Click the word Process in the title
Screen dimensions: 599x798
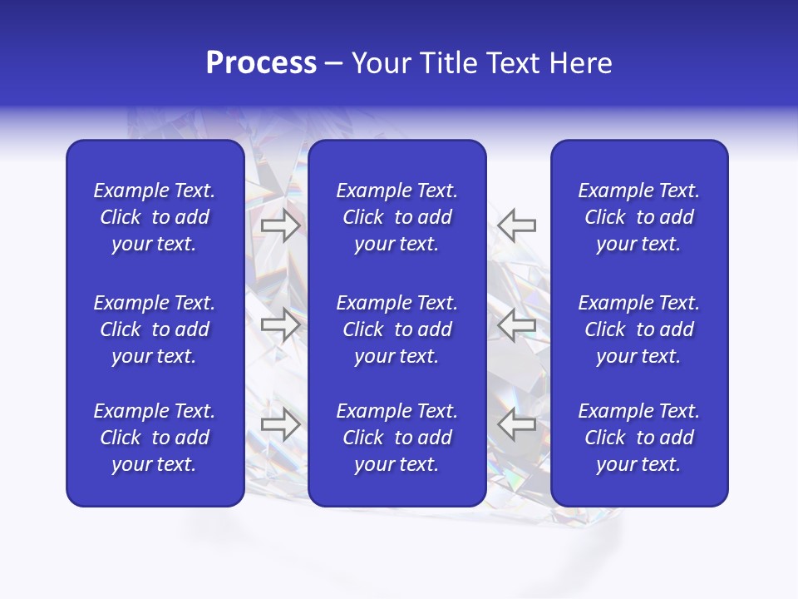tap(261, 63)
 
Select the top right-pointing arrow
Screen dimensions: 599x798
tap(280, 225)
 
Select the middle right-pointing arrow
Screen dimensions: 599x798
tap(280, 324)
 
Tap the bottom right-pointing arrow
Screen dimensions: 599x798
tap(280, 424)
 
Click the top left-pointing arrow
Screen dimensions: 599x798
tap(517, 225)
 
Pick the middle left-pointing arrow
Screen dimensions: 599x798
tap(517, 324)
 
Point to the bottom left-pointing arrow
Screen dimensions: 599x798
tap(517, 424)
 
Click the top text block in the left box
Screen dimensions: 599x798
tap(155, 217)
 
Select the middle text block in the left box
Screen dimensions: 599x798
tap(155, 329)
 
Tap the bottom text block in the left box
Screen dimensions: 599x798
tap(155, 438)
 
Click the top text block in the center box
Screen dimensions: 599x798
tap(397, 217)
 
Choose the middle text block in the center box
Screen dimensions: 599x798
tap(397, 329)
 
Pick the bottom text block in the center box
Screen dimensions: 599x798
tap(397, 438)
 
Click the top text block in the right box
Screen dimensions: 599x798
tap(639, 217)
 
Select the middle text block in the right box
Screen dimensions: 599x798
tap(639, 329)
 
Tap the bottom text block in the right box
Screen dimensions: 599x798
tap(639, 438)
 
